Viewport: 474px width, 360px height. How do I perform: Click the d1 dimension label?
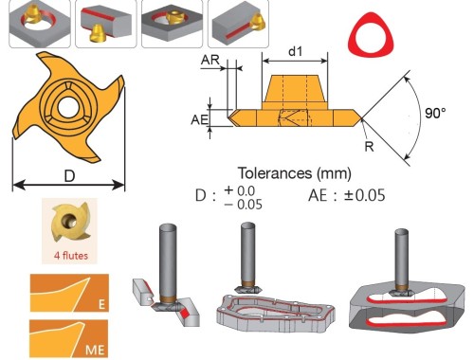(296, 51)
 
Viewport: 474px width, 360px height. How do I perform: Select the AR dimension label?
(210, 60)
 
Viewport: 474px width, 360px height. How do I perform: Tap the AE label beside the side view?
(200, 119)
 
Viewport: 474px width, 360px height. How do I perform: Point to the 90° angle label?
(435, 113)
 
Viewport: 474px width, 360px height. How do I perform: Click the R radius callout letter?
(369, 147)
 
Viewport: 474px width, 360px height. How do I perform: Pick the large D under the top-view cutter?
(69, 176)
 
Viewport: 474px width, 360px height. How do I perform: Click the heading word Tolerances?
(275, 173)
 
